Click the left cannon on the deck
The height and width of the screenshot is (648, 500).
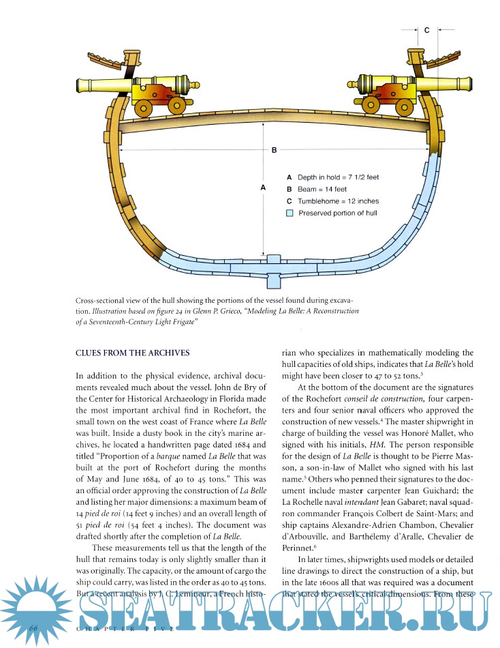pos(136,87)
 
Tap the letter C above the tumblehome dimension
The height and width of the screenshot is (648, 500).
pos(426,31)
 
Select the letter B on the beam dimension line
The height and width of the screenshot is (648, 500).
pos(274,150)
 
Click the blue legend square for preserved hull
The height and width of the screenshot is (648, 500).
pos(290,213)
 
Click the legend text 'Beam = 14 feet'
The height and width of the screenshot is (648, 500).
pos(322,189)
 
